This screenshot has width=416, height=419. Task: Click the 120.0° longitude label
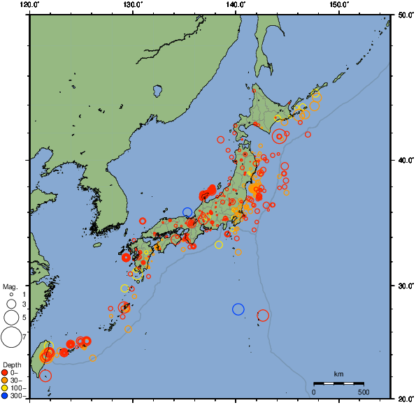(29, 5)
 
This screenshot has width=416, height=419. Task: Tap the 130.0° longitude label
(132, 5)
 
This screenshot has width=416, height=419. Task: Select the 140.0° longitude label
(236, 5)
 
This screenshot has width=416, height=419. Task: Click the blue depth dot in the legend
(5, 396)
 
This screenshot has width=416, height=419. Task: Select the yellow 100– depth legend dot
(5, 388)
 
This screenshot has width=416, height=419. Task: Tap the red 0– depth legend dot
(5, 372)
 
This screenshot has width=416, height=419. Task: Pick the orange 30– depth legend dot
(5, 380)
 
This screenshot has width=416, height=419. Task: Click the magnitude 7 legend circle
(10, 337)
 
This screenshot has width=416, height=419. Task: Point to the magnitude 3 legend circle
(10, 304)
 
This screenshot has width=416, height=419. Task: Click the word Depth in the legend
(11, 365)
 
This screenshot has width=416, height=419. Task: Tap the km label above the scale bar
(338, 374)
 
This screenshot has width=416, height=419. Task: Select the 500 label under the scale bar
(364, 392)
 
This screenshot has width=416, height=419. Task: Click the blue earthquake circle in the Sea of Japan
(187, 212)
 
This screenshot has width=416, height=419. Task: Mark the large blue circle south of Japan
(238, 309)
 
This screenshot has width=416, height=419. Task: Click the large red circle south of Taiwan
(46, 376)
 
